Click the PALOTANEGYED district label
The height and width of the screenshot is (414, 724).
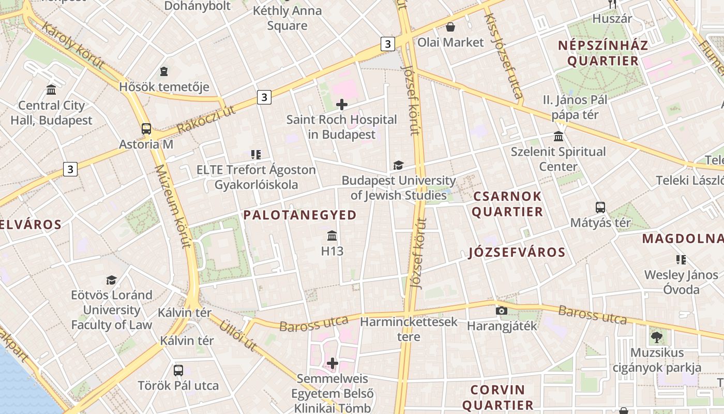300,215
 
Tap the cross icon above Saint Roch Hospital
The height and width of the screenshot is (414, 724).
341,105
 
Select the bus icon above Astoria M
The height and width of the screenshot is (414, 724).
146,129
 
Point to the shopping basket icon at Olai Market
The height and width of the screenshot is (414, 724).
450,27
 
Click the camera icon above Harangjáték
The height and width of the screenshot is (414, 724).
501,310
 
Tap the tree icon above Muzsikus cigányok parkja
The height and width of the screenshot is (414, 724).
656,337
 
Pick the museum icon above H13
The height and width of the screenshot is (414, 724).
332,236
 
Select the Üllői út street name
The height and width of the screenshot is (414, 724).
238,335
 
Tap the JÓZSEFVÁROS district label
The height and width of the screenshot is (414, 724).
517,253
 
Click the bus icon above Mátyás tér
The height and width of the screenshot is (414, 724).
600,208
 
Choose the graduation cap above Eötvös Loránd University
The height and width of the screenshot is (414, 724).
111,280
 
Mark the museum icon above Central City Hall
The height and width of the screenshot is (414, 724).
51,90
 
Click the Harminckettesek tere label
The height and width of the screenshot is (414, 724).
409,329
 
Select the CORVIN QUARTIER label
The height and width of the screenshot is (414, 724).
497,397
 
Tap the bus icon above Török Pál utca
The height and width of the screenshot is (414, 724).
178,370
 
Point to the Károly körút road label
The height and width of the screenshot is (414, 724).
72,46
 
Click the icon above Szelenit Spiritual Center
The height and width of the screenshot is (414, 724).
559,137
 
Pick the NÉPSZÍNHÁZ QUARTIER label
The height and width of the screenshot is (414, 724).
603,53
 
